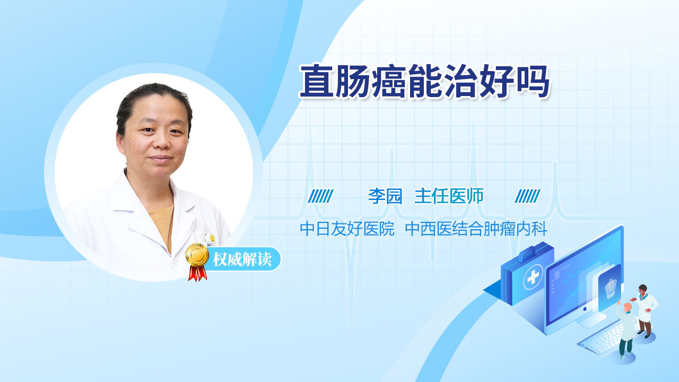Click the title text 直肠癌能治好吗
click(x=424, y=81)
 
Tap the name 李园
click(x=385, y=196)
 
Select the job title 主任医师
click(x=449, y=196)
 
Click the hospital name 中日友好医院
click(x=347, y=229)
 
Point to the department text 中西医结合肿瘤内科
click(x=476, y=229)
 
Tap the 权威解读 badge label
click(x=242, y=259)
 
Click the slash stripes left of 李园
click(x=320, y=196)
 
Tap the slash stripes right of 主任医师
click(x=527, y=196)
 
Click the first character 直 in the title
click(x=317, y=81)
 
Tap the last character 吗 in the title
click(x=532, y=81)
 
